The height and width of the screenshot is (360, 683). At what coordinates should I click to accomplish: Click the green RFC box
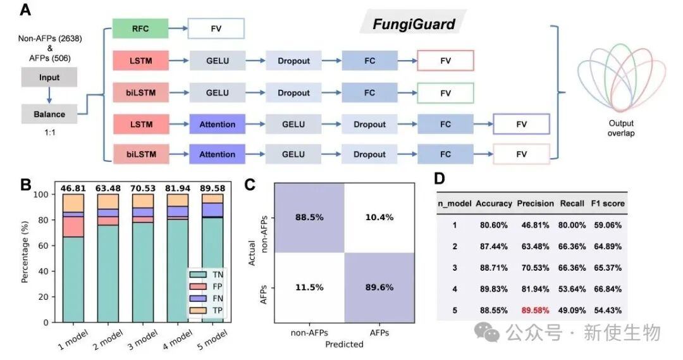click(140, 28)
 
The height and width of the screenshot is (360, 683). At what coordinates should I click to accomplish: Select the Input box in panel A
click(49, 77)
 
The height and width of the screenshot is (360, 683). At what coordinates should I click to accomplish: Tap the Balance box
click(49, 115)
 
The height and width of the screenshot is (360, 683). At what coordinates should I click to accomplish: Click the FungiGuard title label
click(413, 25)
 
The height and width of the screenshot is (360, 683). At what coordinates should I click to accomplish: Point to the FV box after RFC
click(216, 28)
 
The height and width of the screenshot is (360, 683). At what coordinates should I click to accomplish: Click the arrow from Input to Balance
click(49, 96)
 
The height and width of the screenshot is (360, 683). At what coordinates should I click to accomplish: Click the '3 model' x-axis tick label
click(141, 339)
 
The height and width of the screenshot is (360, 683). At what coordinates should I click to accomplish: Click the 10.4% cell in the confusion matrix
click(379, 217)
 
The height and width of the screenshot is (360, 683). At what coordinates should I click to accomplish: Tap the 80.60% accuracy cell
click(493, 224)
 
